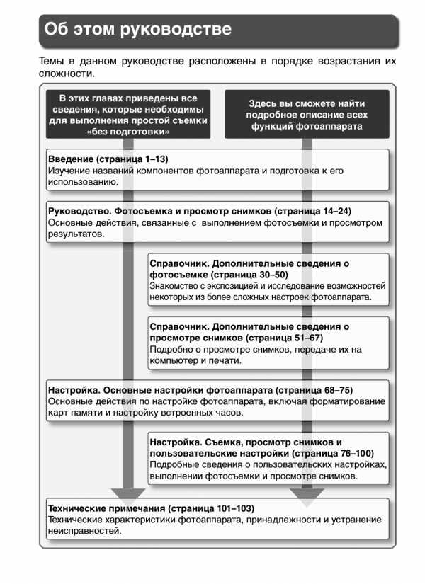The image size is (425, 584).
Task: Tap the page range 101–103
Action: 237,508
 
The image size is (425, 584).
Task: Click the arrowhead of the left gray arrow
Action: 128,495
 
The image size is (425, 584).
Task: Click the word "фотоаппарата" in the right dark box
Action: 334,126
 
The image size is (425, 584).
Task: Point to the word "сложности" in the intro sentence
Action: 67,74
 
